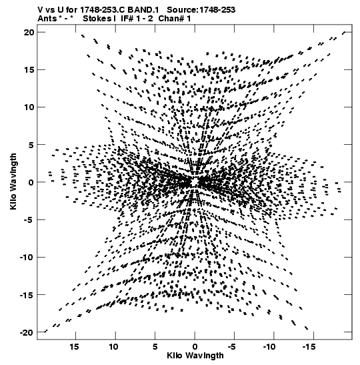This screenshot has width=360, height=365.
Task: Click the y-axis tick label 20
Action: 29,32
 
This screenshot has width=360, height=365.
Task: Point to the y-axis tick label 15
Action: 29,69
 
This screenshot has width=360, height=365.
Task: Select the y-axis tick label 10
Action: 29,107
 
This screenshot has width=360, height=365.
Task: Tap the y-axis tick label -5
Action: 29,220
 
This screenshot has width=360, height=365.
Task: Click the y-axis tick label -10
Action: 27,257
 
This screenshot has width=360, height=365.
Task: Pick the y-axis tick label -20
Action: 27,332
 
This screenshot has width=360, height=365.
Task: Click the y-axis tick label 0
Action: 31,182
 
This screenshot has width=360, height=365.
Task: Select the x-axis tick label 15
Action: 74,347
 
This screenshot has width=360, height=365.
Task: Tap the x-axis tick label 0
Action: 195,347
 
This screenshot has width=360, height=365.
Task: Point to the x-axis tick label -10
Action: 269,347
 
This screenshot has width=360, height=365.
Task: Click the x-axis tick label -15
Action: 309,347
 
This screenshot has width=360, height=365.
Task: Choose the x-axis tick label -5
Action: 232,347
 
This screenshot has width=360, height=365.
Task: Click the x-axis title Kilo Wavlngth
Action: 195,356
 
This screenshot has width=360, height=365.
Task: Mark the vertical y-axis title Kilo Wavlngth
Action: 13,181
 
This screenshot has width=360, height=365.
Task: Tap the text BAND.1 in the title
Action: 143,10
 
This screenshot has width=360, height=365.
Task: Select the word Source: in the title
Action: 183,10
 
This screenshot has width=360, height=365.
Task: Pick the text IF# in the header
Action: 127,19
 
